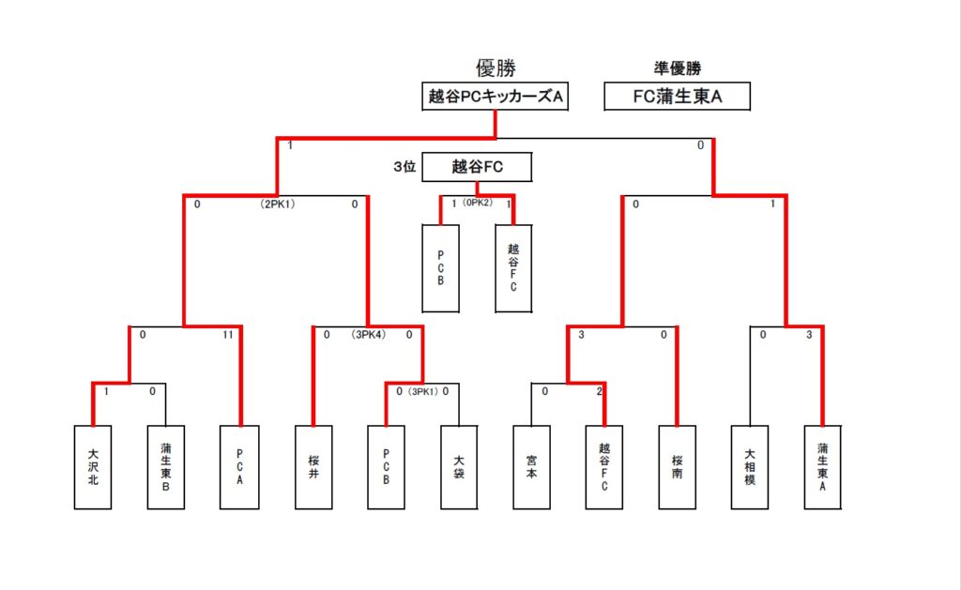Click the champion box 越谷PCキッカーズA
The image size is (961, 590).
click(x=496, y=96)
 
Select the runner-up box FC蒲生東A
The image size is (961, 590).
click(x=677, y=96)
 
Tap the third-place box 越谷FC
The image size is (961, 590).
click(x=478, y=167)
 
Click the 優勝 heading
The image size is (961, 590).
click(x=496, y=68)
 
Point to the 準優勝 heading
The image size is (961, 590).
click(x=677, y=68)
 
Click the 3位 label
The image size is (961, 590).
click(x=404, y=167)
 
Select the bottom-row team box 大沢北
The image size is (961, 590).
click(x=93, y=467)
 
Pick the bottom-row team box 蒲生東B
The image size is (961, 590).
click(x=166, y=467)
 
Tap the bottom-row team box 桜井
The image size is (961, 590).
click(x=313, y=467)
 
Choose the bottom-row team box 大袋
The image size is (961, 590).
click(x=459, y=467)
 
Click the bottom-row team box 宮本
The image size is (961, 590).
click(x=532, y=467)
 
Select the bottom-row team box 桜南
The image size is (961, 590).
click(x=678, y=467)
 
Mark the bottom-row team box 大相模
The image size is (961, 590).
click(x=750, y=467)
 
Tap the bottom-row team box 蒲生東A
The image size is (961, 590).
click(x=823, y=467)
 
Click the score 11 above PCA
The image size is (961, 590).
click(x=227, y=334)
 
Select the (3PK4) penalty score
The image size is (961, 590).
click(x=368, y=334)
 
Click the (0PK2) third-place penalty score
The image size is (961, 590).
click(x=478, y=203)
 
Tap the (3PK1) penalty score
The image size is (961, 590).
click(x=423, y=391)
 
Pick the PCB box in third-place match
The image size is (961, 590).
click(x=441, y=268)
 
